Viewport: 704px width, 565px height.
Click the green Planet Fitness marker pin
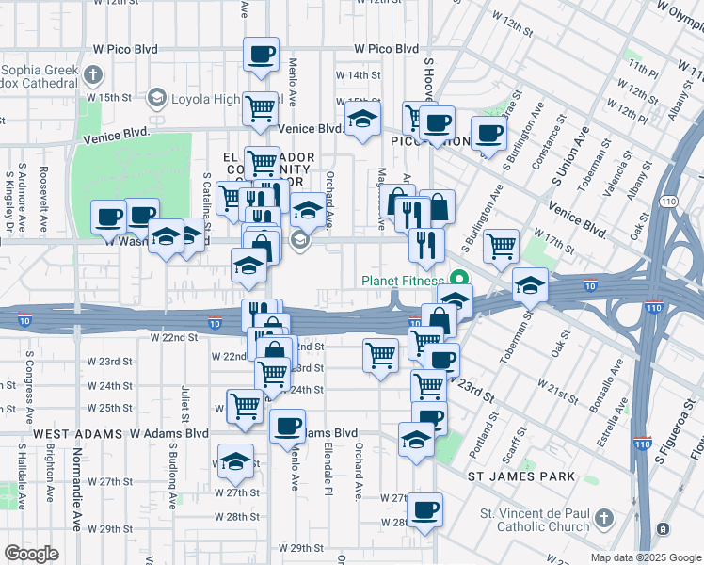[459, 280]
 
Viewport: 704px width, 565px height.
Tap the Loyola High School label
[206, 98]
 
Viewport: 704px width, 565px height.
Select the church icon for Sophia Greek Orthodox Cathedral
[92, 74]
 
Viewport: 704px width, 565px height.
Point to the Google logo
[31, 554]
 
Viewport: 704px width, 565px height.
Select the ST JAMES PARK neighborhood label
[521, 477]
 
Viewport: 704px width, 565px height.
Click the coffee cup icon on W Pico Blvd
[261, 54]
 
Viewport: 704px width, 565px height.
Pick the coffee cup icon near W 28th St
[424, 510]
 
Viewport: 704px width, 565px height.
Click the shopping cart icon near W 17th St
[501, 247]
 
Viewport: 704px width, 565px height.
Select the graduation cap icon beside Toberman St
[530, 284]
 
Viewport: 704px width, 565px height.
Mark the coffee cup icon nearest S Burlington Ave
[488, 134]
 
